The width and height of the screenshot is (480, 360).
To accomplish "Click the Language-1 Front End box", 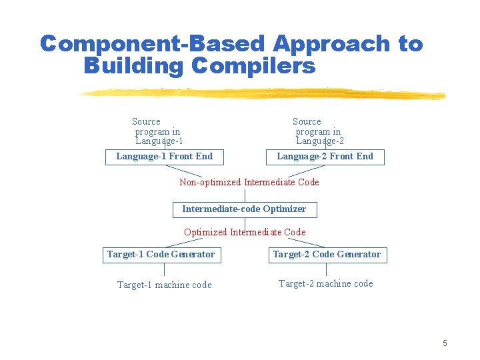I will pyautogui.click(x=164, y=157).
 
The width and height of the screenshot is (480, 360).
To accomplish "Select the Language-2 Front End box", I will pyautogui.click(x=325, y=157).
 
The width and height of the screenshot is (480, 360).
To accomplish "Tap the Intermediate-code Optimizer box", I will pyautogui.click(x=244, y=209).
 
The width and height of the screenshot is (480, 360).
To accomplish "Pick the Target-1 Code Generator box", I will pyautogui.click(x=161, y=255).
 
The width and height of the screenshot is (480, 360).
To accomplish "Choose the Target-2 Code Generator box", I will pyautogui.click(x=326, y=255).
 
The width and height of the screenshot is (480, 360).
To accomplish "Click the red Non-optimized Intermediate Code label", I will pyautogui.click(x=249, y=182).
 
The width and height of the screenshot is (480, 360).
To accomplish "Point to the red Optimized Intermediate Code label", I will pyautogui.click(x=245, y=232).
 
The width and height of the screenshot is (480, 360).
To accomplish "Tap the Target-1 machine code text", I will pyautogui.click(x=164, y=285).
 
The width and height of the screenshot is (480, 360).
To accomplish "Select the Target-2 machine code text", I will pyautogui.click(x=325, y=283).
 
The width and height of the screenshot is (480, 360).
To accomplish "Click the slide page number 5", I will pyautogui.click(x=445, y=343).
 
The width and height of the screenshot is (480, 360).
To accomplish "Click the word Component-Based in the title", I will pyautogui.click(x=153, y=44).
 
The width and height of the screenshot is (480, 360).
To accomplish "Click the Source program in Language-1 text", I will pyautogui.click(x=157, y=131).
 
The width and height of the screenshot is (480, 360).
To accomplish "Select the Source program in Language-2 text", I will pyautogui.click(x=318, y=131).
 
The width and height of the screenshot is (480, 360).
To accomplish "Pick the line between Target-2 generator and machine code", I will pyautogui.click(x=326, y=269).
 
